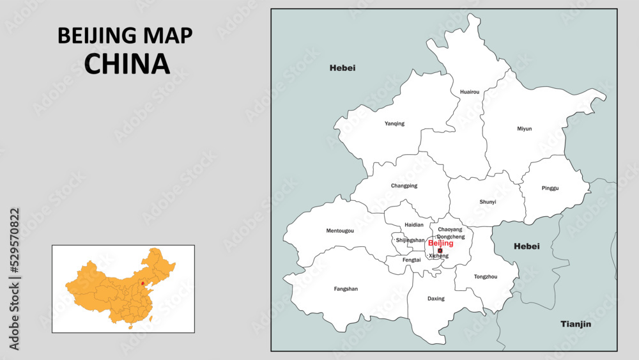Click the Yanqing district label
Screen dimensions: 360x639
tap(394, 123)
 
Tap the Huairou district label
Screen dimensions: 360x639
tap(469, 92)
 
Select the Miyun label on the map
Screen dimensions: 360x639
tap(524, 129)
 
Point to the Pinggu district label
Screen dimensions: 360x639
tap(550, 188)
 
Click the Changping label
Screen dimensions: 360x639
tap(404, 186)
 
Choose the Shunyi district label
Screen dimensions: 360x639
tap(488, 202)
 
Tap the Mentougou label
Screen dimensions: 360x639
tap(340, 230)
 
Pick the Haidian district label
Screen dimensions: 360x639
tap(413, 225)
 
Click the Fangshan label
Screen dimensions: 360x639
tap(346, 288)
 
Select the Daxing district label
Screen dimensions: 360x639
tap(436, 299)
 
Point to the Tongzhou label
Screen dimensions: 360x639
tap(486, 276)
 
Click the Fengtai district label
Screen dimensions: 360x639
tap(412, 260)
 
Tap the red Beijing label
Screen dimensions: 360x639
tap(440, 243)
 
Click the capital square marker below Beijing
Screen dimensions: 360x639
tap(440, 250)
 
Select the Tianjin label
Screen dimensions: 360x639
tap(576, 324)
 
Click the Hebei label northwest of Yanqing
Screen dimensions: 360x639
tap(343, 68)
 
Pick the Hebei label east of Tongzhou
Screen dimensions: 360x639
tap(527, 246)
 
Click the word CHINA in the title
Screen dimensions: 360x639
tap(127, 63)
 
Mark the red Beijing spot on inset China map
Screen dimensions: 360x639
tap(142, 281)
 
